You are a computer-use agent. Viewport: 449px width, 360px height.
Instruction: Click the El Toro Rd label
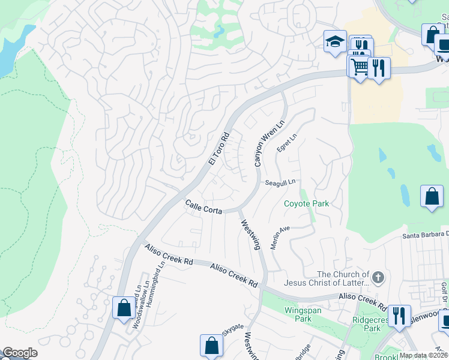tap(220, 149)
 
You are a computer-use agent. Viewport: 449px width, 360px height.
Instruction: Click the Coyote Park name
tap(306, 203)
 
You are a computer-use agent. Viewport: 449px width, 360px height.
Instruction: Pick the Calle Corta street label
tap(203, 207)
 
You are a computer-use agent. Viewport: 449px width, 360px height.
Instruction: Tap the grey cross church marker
tap(378, 277)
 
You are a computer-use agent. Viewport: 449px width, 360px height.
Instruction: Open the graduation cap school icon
tap(335, 41)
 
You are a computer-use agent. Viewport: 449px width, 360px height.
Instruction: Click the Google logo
tap(19, 353)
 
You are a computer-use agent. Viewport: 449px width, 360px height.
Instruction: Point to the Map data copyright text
tap(422, 355)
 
